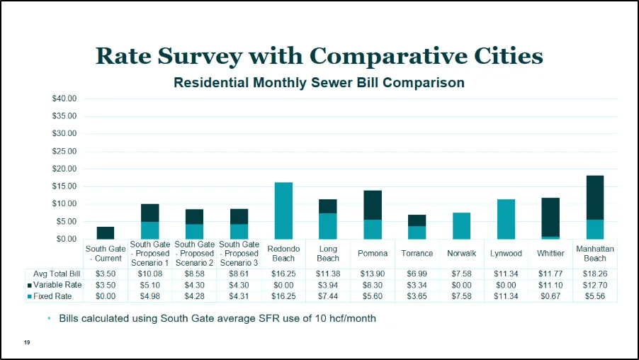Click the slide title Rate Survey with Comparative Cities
point(319,55)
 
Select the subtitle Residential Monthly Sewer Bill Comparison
point(319,83)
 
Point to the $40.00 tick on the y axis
point(64,99)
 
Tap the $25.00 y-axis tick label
point(64,151)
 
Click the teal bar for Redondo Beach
point(283,210)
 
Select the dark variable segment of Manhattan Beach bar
point(594,198)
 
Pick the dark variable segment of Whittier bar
point(550,217)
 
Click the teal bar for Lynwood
point(506,219)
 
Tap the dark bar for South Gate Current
point(106,233)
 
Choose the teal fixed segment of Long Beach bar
point(328,226)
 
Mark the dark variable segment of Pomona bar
point(373,205)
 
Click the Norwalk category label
point(461,254)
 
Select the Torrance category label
point(417,254)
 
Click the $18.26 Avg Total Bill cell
point(594,274)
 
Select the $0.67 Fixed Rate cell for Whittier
point(550,296)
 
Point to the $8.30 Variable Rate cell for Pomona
point(373,285)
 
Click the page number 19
point(27,343)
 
